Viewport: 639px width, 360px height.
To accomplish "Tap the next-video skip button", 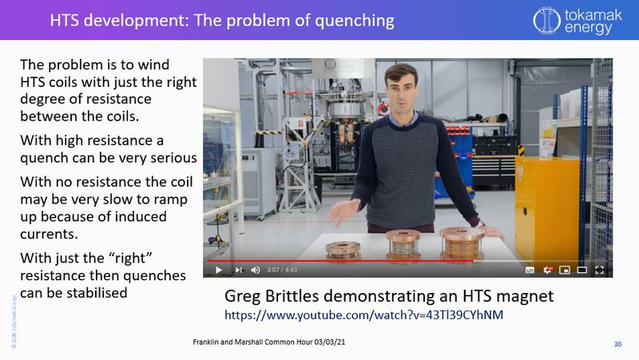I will (238, 270).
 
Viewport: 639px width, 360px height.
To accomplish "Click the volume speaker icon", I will (256, 270).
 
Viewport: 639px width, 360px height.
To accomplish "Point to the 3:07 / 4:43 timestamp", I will (284, 270).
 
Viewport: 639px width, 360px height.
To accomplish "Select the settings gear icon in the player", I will (548, 270).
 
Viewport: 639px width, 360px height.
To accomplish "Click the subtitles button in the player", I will (530, 270).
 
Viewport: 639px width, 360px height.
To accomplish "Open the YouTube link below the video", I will (363, 315).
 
